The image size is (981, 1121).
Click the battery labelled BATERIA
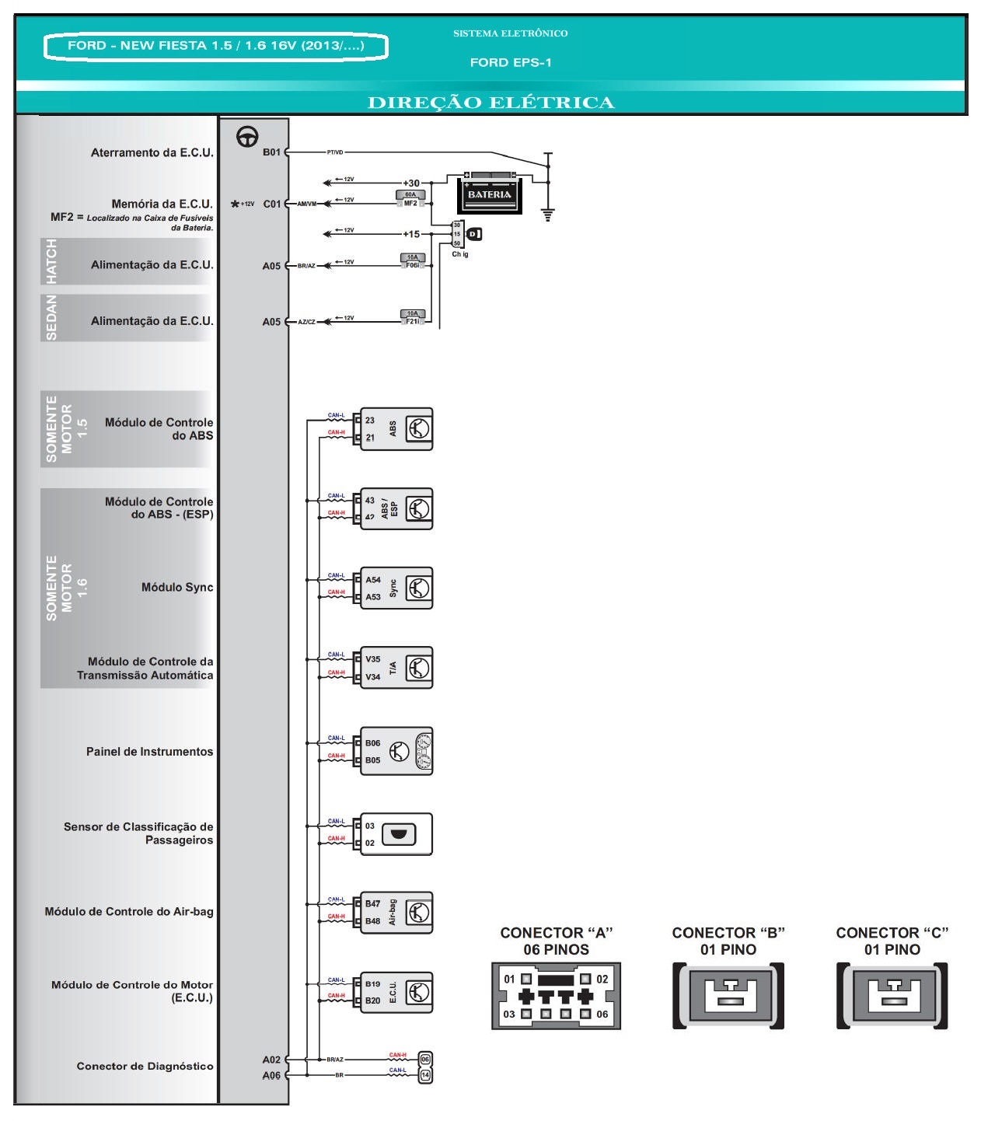[489, 193]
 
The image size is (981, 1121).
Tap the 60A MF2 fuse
[410, 199]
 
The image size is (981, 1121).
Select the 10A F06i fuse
[413, 261]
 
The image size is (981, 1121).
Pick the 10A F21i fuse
[413, 317]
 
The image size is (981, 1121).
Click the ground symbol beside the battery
[548, 214]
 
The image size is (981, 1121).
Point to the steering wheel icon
[247, 137]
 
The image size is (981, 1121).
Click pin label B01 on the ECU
[271, 152]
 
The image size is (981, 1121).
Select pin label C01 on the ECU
[271, 204]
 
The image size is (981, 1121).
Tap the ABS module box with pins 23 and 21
[396, 429]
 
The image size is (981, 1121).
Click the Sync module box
[396, 588]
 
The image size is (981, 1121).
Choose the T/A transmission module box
[396, 668]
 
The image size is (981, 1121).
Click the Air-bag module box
[396, 912]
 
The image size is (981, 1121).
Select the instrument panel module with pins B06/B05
[396, 752]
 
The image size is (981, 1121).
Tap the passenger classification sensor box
[396, 834]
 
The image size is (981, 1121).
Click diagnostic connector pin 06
[425, 1059]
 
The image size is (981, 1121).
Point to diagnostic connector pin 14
[425, 1075]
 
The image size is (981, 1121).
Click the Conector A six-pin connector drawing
[556, 996]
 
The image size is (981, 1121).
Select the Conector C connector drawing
[892, 996]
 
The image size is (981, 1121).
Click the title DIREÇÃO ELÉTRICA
[490, 103]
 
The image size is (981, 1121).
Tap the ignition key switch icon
[474, 233]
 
